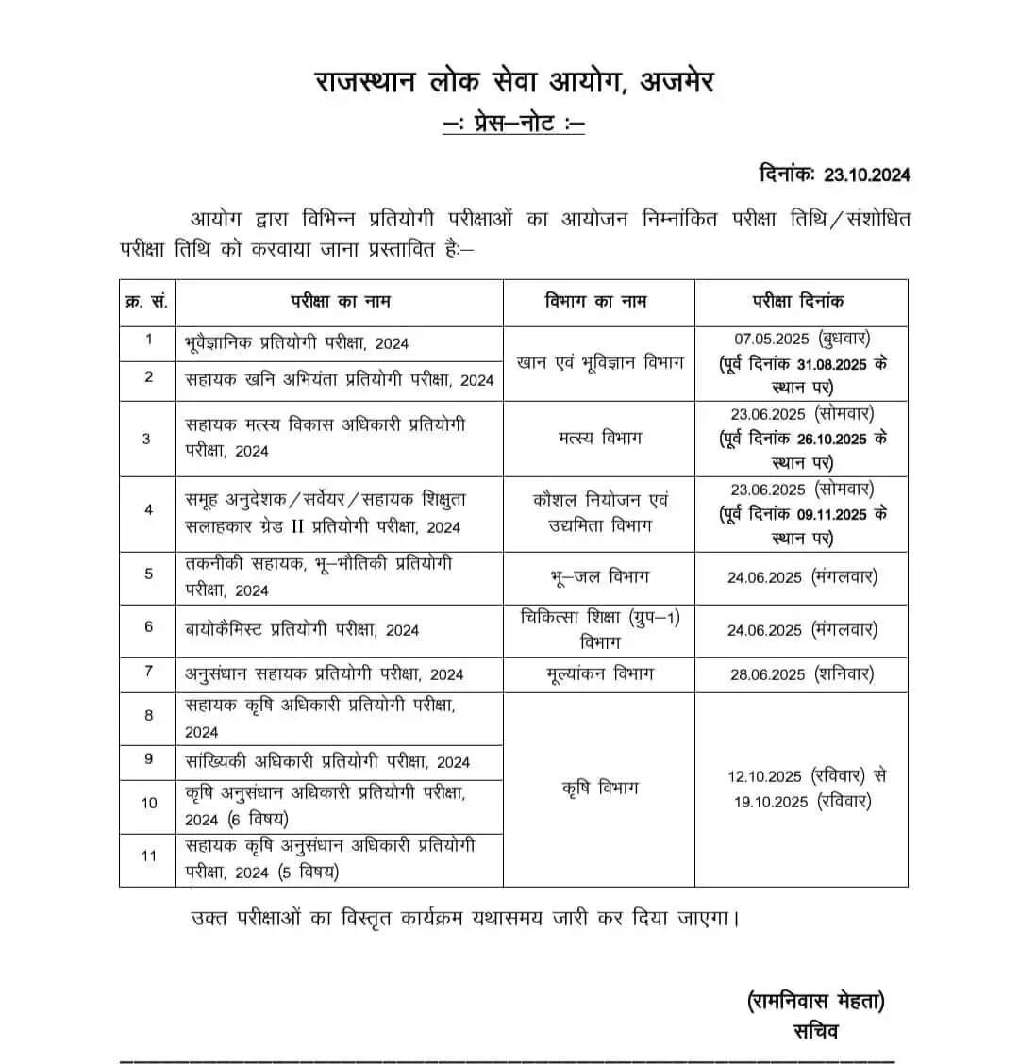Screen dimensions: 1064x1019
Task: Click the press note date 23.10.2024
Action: tap(866, 175)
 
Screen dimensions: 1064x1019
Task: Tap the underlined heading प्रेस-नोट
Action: tap(513, 124)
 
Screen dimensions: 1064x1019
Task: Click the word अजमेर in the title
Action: tap(677, 82)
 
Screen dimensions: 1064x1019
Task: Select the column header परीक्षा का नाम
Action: tap(340, 302)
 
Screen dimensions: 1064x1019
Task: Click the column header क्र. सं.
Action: tap(147, 302)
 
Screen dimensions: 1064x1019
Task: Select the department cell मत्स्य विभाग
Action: tap(598, 438)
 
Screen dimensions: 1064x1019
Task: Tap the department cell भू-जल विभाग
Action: tap(598, 575)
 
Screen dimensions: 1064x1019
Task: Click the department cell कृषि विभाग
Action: tap(598, 787)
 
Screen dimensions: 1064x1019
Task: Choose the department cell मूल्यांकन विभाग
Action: tap(598, 673)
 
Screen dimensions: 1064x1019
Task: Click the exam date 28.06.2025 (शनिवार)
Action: tap(800, 673)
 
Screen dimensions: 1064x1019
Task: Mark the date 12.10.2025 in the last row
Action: tap(764, 776)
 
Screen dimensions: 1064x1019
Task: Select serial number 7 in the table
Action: tap(148, 672)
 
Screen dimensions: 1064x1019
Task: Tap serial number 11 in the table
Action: tap(148, 856)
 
